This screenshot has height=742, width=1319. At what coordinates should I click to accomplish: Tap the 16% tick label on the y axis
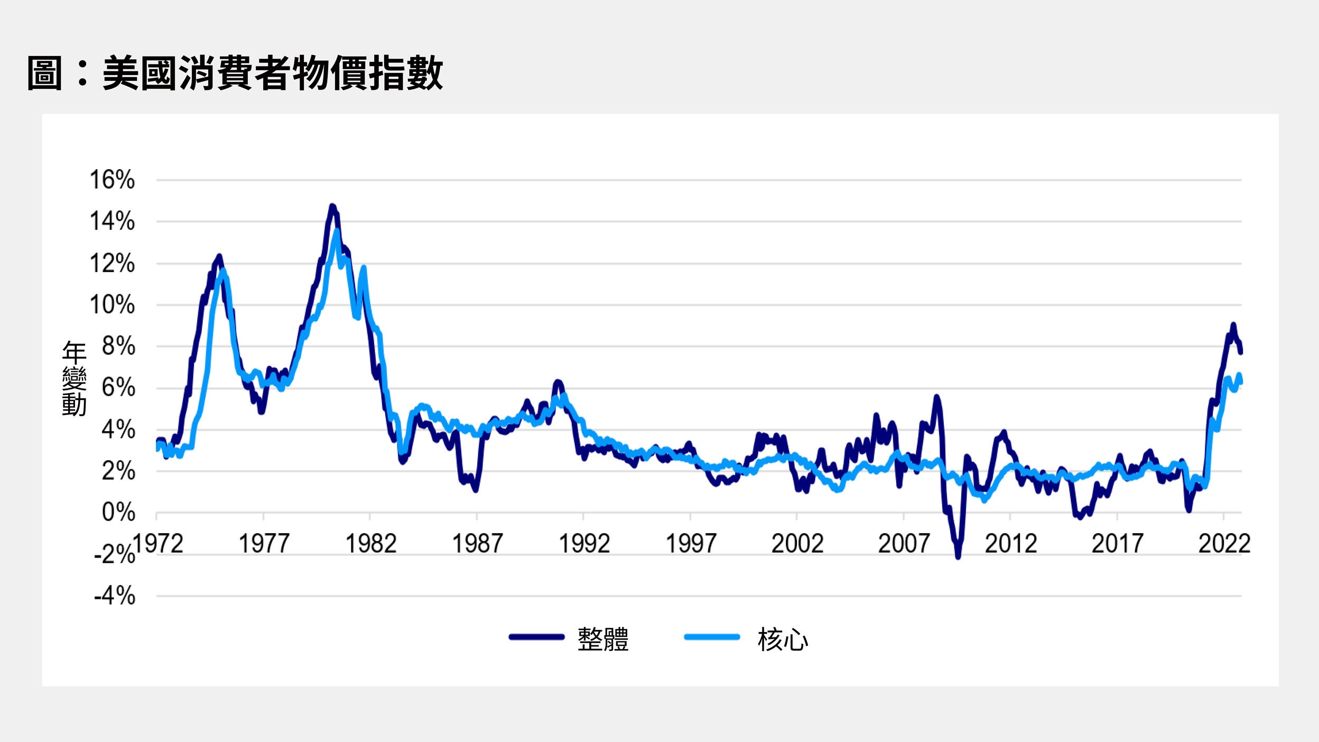click(x=112, y=180)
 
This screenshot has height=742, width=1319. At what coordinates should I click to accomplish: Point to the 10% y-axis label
click(x=112, y=305)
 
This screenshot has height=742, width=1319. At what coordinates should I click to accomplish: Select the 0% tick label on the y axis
click(x=118, y=512)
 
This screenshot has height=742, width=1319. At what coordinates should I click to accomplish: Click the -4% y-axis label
click(x=115, y=596)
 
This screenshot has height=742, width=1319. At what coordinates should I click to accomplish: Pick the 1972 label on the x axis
click(x=157, y=543)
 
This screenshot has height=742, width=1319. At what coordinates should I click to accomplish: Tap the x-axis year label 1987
click(x=477, y=543)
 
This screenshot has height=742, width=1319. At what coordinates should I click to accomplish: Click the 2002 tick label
click(x=797, y=543)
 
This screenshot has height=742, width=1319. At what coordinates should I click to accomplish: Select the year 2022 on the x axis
click(x=1224, y=543)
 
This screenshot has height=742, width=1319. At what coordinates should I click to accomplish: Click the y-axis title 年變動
click(x=74, y=378)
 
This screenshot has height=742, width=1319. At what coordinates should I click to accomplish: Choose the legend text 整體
click(x=603, y=639)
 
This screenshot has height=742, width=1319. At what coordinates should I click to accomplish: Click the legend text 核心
click(x=783, y=639)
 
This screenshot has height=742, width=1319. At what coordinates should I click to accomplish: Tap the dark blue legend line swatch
click(x=536, y=637)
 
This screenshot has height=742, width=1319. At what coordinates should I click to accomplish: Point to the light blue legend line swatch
click(x=712, y=637)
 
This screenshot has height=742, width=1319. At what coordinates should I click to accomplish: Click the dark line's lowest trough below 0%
click(x=958, y=556)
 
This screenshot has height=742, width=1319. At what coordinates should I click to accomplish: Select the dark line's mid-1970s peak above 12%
click(x=219, y=256)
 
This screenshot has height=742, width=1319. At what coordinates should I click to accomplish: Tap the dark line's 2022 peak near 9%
click(x=1233, y=324)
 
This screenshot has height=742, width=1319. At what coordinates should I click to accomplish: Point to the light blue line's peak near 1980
click(x=337, y=231)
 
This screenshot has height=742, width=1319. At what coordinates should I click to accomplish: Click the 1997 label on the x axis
click(x=690, y=543)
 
